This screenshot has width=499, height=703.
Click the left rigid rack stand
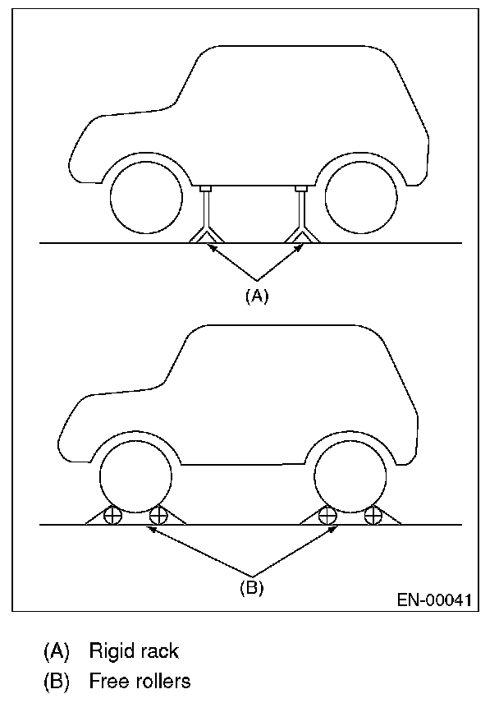point(205,215)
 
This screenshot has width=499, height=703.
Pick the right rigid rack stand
point(301,215)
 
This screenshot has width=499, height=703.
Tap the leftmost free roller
point(112,517)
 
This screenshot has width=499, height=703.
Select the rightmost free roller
point(374,517)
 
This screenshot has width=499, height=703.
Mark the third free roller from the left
point(327,517)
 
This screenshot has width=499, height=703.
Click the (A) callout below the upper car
point(257,297)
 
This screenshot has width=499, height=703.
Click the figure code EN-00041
point(434,600)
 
